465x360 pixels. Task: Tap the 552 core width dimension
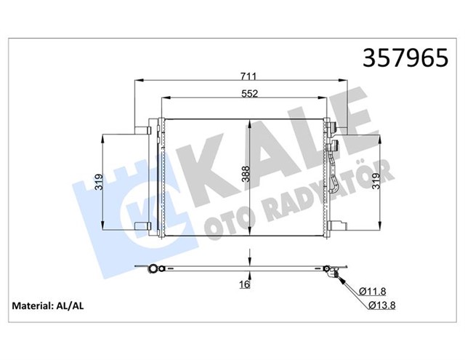tap(249, 93)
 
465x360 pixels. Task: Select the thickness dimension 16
tap(245, 284)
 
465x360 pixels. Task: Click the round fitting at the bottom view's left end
tap(154, 271)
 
